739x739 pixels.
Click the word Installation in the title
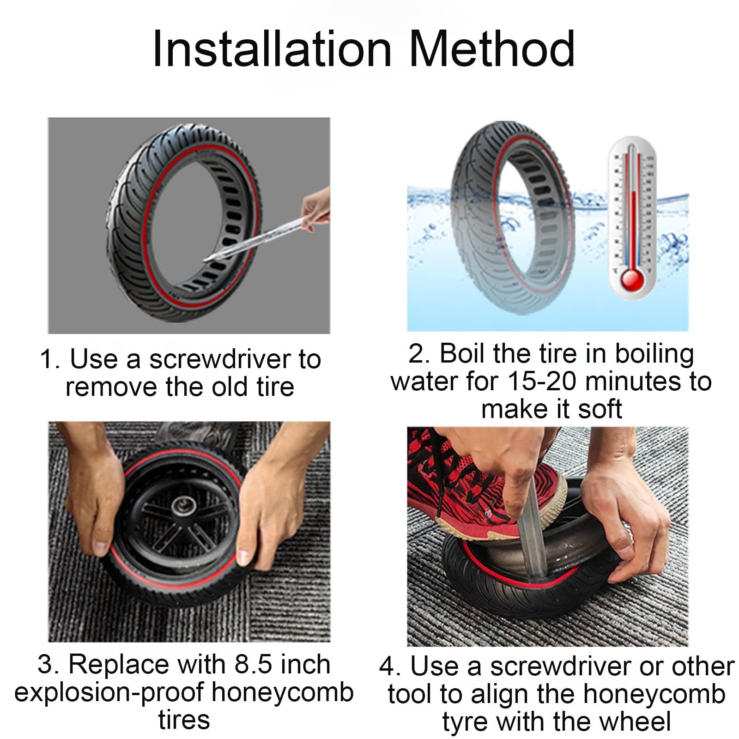[272, 48]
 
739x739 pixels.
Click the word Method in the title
[492, 48]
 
